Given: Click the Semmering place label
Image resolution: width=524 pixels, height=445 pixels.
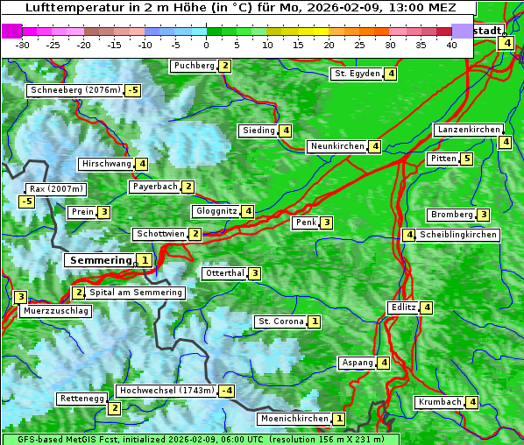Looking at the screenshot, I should pyautogui.click(x=99, y=260).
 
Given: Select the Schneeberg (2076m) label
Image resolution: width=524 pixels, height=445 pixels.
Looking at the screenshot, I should pyautogui.click(x=74, y=90).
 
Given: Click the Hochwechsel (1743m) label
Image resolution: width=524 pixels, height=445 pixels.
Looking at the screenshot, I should pyautogui.click(x=166, y=391).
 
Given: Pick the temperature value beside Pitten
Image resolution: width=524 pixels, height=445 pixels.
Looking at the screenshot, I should pyautogui.click(x=466, y=159).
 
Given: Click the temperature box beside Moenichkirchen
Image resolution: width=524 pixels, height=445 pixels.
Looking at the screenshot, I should pyautogui.click(x=339, y=420).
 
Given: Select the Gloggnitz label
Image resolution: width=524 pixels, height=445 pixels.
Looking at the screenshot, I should pyautogui.click(x=215, y=211).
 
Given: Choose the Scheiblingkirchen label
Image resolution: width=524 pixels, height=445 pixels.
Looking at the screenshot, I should pyautogui.click(x=458, y=235).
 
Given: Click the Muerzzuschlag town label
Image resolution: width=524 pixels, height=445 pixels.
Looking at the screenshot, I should pyautogui.click(x=55, y=311).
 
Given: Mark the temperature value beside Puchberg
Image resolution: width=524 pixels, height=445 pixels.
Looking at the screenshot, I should pyautogui.click(x=225, y=66).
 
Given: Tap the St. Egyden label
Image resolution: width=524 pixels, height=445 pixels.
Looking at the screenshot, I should pyautogui.click(x=356, y=74).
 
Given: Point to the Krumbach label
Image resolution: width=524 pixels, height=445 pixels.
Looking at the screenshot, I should pyautogui.click(x=439, y=402).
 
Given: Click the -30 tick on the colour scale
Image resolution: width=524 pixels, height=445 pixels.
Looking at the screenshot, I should pyautogui.click(x=23, y=45).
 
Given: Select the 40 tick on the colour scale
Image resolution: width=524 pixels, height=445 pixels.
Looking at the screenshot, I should pyautogui.click(x=451, y=45).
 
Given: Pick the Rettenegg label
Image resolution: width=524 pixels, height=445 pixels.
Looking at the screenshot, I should pyautogui.click(x=81, y=399).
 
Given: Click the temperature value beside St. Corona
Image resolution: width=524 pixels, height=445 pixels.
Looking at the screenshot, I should pyautogui.click(x=314, y=321).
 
